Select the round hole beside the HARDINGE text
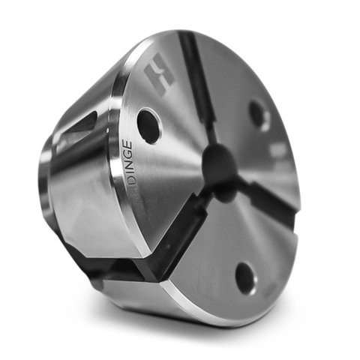[148, 126]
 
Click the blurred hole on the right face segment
[259, 113]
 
